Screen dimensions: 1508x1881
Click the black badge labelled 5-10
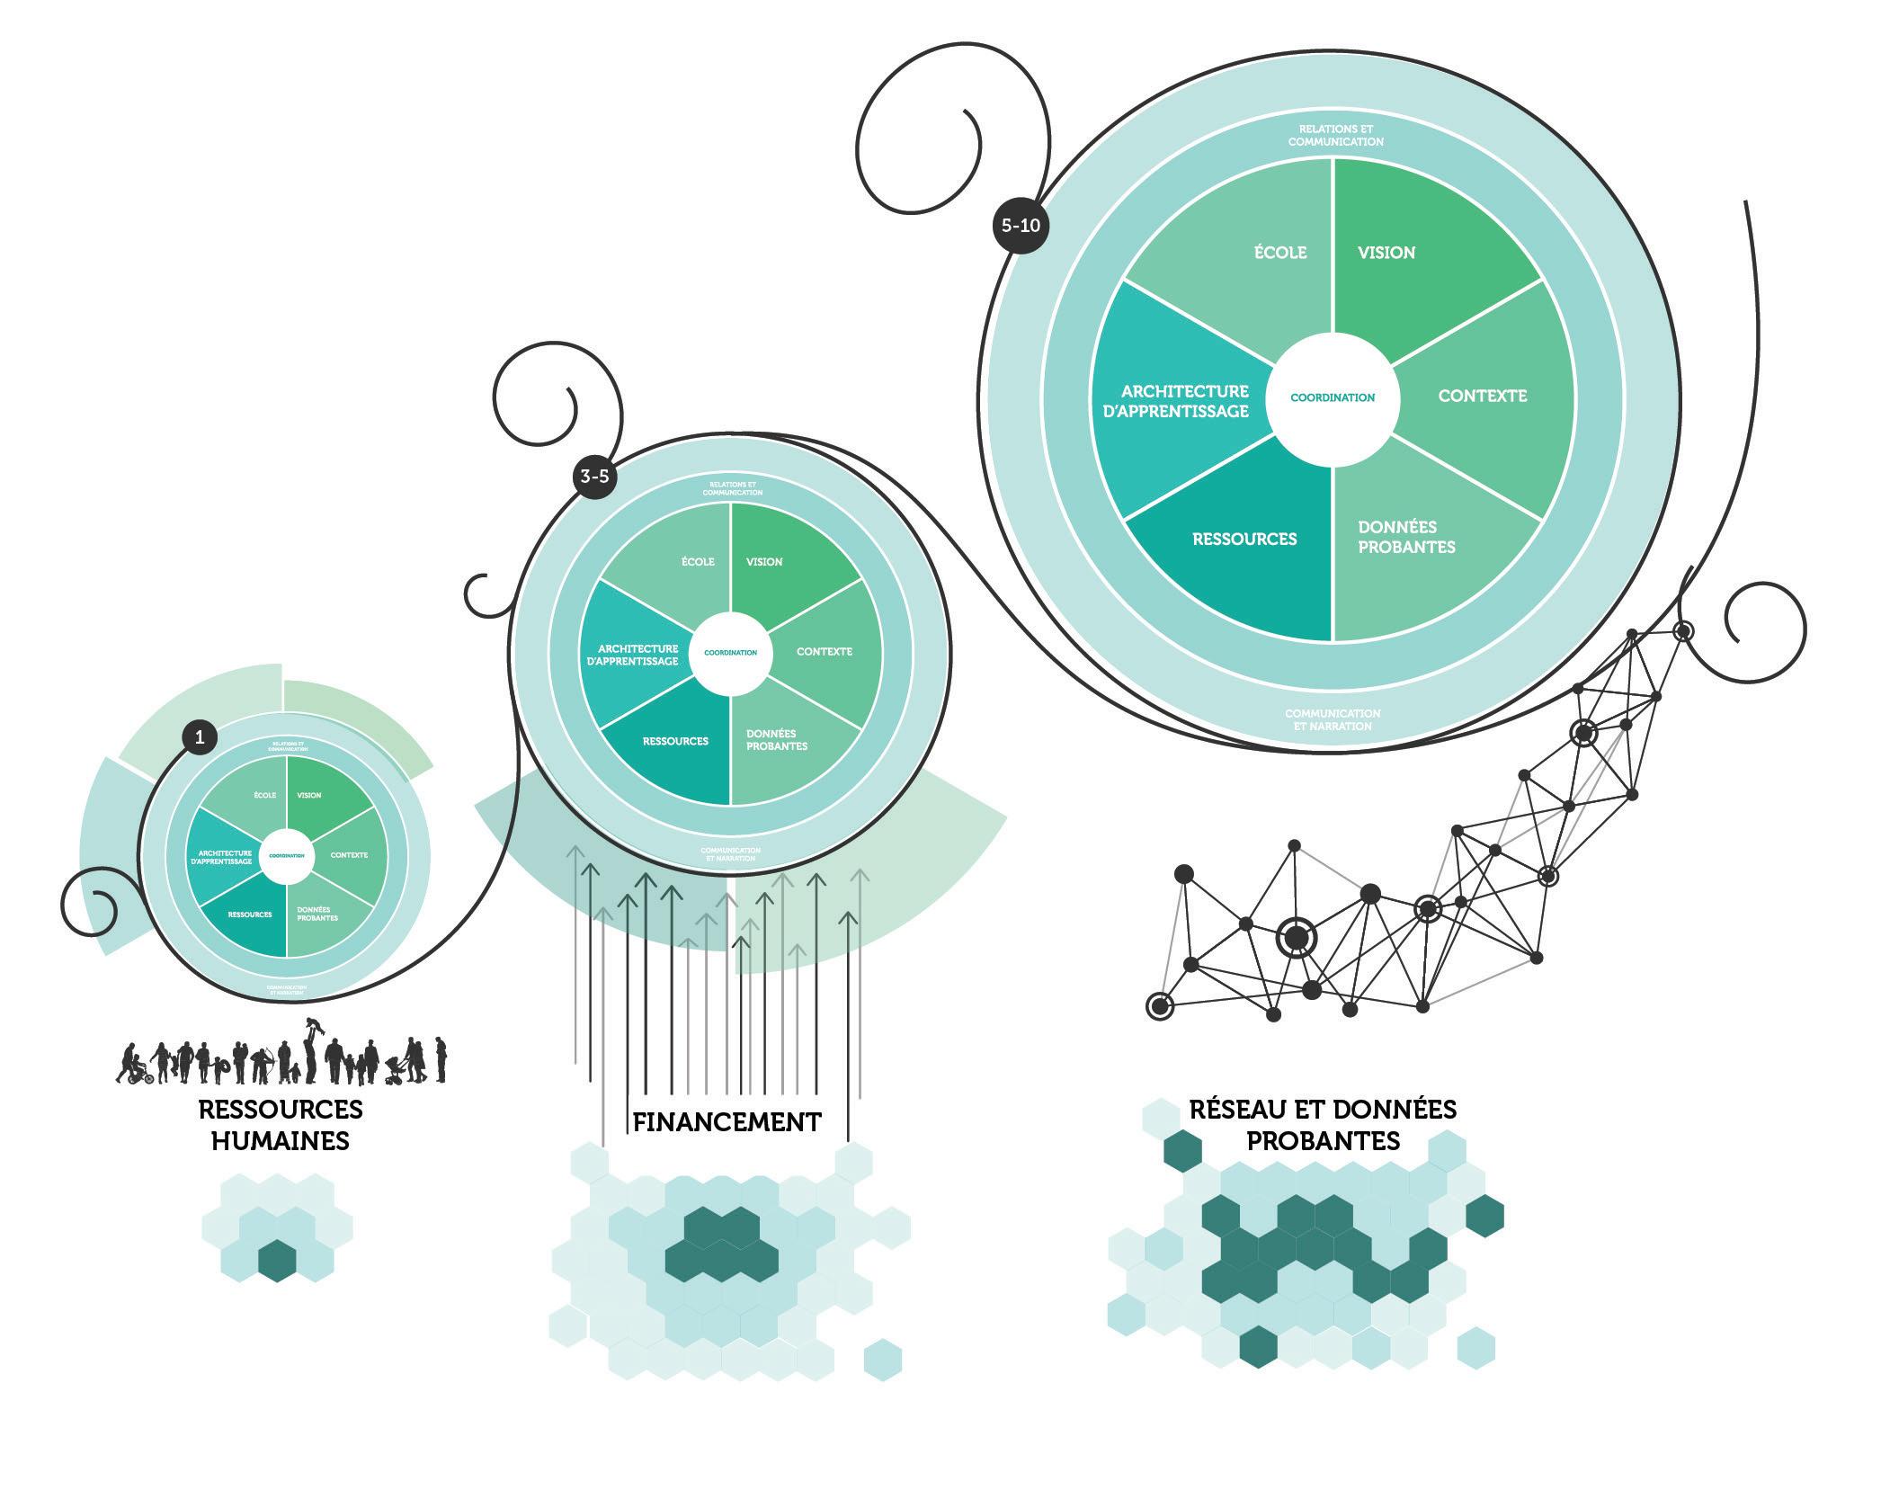pyautogui.click(x=1021, y=225)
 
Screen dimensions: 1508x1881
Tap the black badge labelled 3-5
pyautogui.click(x=594, y=476)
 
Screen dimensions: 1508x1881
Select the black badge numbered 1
pyautogui.click(x=200, y=738)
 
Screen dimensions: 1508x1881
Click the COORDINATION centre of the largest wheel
pyautogui.click(x=1333, y=397)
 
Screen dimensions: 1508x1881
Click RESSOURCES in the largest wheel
pyautogui.click(x=1244, y=540)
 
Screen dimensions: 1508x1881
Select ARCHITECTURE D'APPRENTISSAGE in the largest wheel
pyautogui.click(x=1185, y=401)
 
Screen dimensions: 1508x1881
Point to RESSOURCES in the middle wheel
pyautogui.click(x=675, y=742)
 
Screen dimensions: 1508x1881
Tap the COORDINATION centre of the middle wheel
pyautogui.click(x=731, y=653)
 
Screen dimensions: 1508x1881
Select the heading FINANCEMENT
pyautogui.click(x=727, y=1122)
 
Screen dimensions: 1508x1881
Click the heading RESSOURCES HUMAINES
pyautogui.click(x=281, y=1125)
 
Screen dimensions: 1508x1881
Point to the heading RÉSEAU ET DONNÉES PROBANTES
pyautogui.click(x=1323, y=1125)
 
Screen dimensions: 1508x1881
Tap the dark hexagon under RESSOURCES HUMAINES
pyautogui.click(x=277, y=1260)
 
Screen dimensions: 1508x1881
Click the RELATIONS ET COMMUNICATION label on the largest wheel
pyautogui.click(x=1335, y=136)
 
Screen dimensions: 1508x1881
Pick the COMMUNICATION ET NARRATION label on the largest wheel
pyautogui.click(x=1333, y=719)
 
